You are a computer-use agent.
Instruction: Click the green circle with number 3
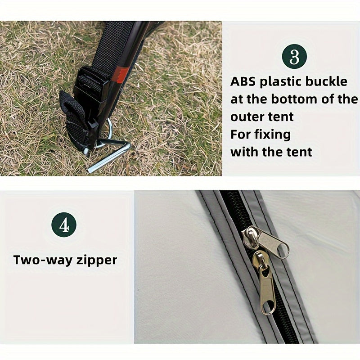pos(294,57)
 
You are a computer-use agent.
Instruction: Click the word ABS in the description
pos(243,82)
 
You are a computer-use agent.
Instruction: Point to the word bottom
pos(295,99)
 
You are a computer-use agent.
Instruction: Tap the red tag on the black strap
pos(121,74)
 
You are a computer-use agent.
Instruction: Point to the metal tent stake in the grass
pos(108,156)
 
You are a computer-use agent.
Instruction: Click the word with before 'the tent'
pos(244,152)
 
